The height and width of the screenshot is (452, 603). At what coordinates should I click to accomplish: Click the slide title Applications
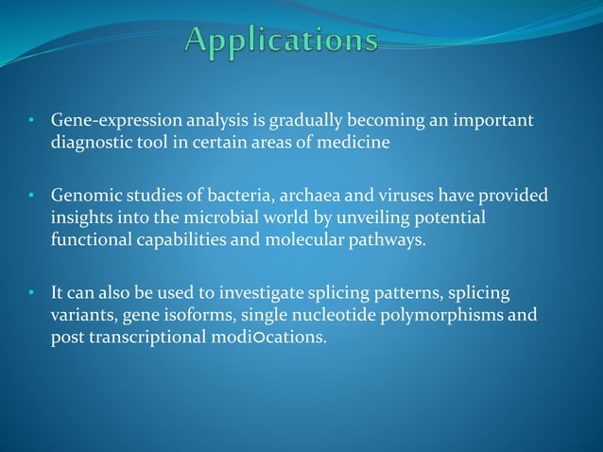pos(282,41)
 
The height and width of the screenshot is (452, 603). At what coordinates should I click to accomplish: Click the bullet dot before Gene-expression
pos(31,122)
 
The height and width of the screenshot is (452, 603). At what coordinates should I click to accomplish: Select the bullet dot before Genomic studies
pos(31,197)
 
